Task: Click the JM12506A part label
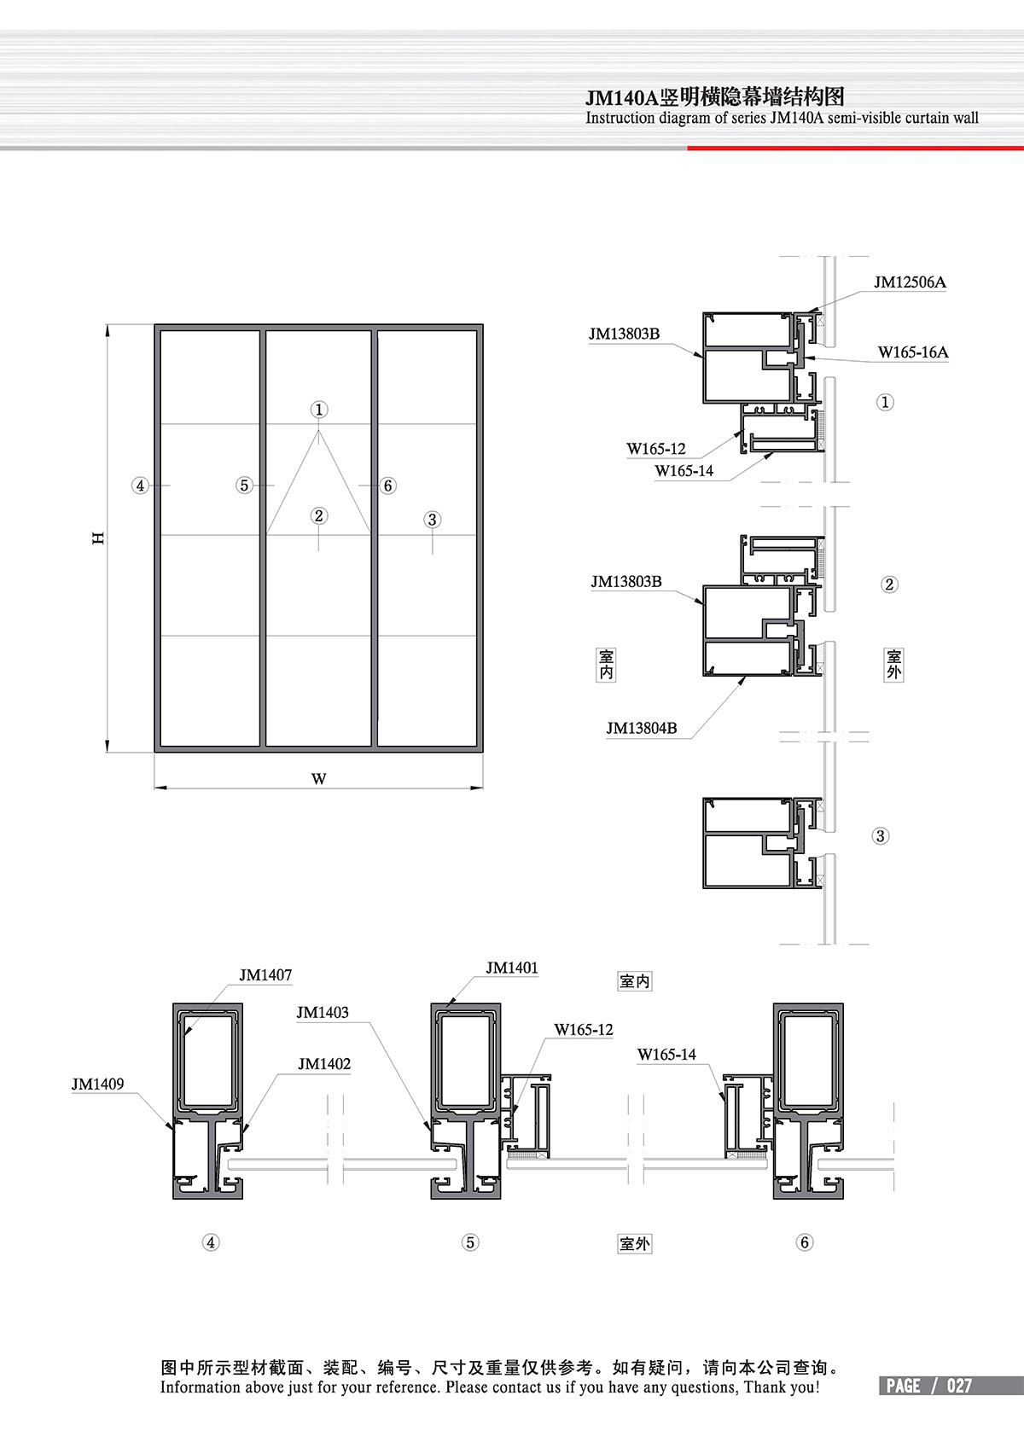[x=910, y=282]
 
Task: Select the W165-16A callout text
[x=913, y=352]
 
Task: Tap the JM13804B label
[x=642, y=729]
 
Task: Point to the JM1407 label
[x=265, y=974]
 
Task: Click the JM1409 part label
[x=97, y=1084]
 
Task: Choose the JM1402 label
[x=324, y=1064]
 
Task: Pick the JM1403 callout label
[x=323, y=1012]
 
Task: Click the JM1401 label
[x=512, y=968]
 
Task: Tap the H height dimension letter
[x=98, y=538]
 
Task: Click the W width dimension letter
[x=318, y=779]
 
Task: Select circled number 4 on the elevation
[x=140, y=486]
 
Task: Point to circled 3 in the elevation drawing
[x=433, y=519]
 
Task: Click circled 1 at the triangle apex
[x=318, y=410]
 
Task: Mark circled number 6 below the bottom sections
[x=804, y=1242]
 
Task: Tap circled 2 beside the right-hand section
[x=889, y=584]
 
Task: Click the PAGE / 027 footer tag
[x=929, y=1386]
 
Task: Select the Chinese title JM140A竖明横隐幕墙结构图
[x=715, y=97]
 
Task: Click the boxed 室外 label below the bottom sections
[x=635, y=1244]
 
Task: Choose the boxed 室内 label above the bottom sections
[x=635, y=981]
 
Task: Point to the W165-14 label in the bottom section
[x=666, y=1055]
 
